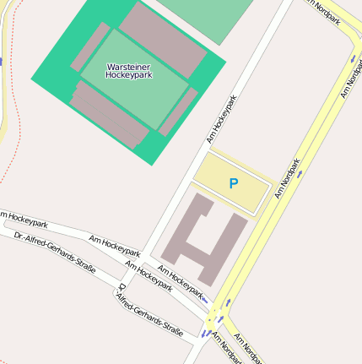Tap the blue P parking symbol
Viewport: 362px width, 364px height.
pos(234,183)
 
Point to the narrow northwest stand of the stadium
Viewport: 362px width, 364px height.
pos(90,47)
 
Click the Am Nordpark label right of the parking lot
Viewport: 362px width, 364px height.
pos(288,178)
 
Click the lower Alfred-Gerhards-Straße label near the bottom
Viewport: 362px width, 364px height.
pos(150,314)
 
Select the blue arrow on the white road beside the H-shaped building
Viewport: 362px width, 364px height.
pos(203,299)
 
